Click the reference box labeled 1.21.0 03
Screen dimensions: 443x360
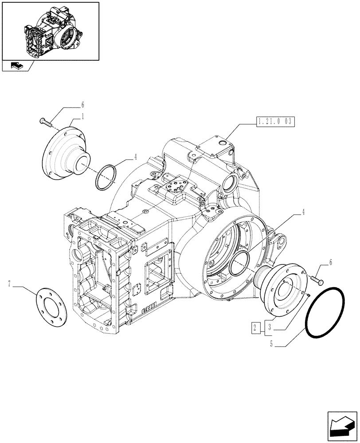point(275,122)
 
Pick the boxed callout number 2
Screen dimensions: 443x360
point(255,328)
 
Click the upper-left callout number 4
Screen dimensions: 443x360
point(135,156)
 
